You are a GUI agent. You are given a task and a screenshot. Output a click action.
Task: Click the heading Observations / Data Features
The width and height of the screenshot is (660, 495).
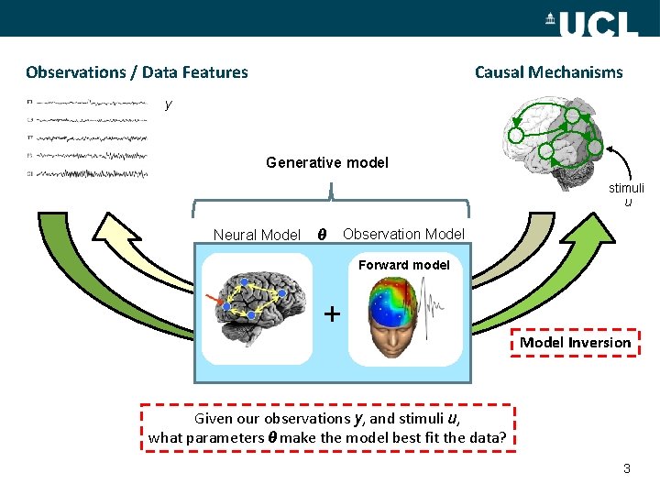pyautogui.click(x=137, y=71)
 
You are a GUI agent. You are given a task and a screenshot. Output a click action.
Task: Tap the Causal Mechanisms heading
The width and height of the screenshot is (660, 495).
pyautogui.click(x=548, y=71)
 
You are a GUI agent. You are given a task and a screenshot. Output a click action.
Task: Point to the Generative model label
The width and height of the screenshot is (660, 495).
pyautogui.click(x=327, y=162)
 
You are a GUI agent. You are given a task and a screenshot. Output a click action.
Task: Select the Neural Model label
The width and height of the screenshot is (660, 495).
pyautogui.click(x=256, y=235)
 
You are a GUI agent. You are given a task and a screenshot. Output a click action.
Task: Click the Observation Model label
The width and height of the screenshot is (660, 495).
pyautogui.click(x=403, y=234)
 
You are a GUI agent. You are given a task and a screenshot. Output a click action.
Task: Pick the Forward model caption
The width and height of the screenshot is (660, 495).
pyautogui.click(x=403, y=265)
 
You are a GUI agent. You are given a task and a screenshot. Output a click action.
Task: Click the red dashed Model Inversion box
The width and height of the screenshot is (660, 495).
pyautogui.click(x=576, y=342)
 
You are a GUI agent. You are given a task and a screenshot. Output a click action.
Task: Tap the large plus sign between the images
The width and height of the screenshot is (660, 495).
pyautogui.click(x=332, y=313)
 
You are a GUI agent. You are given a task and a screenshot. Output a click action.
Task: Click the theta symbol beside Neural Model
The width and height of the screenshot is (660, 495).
pyautogui.click(x=319, y=234)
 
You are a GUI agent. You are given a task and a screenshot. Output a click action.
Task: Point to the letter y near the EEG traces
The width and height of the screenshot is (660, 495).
pyautogui.click(x=168, y=104)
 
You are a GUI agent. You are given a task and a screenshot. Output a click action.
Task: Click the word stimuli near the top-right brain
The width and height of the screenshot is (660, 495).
pyautogui.click(x=627, y=188)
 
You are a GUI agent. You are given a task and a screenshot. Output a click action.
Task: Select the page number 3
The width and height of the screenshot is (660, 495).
pyautogui.click(x=626, y=468)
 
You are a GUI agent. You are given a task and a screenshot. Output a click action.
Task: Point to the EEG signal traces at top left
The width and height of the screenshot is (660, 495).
pyautogui.click(x=87, y=137)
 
